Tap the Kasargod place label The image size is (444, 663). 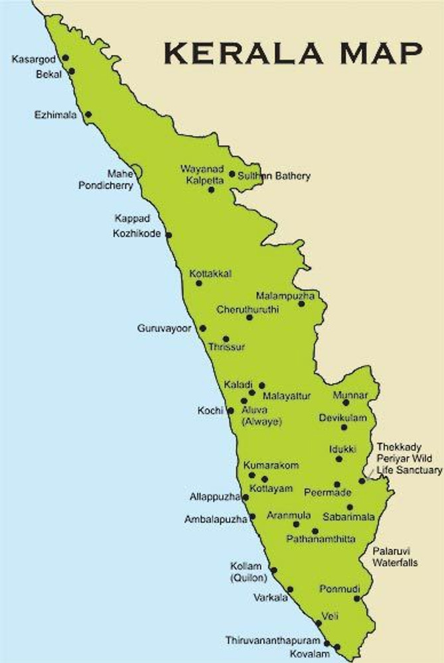pyautogui.click(x=34, y=60)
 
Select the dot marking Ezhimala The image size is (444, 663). pyautogui.click(x=88, y=114)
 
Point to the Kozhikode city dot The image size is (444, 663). pyautogui.click(x=169, y=235)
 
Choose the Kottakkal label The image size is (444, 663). pyautogui.click(x=210, y=273)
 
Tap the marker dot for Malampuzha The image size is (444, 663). pyautogui.click(x=301, y=304)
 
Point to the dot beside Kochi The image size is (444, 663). pyautogui.click(x=230, y=410)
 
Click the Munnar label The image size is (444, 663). pyautogui.click(x=350, y=395)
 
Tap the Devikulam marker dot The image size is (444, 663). pyautogui.click(x=344, y=427)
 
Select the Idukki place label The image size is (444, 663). pyautogui.click(x=343, y=450)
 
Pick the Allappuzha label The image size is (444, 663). pyautogui.click(x=214, y=497)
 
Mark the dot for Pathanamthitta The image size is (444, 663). pyautogui.click(x=315, y=531)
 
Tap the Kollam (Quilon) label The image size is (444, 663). pyautogui.click(x=246, y=572)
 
